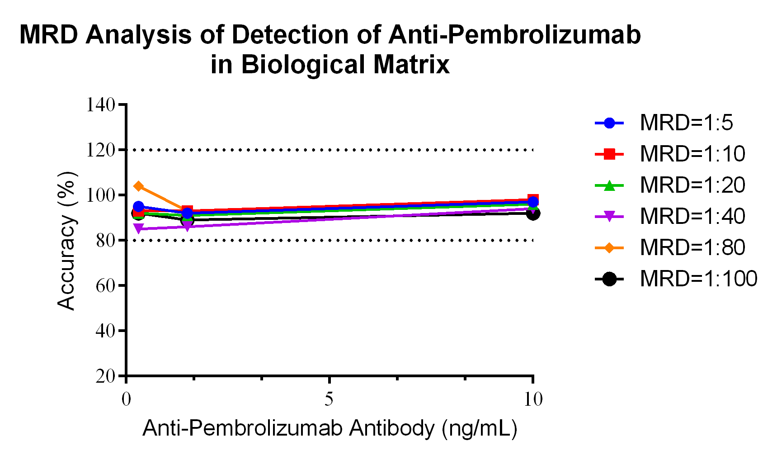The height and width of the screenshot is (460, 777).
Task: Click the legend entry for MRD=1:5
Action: click(686, 123)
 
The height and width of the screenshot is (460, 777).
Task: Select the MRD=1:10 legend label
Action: click(692, 154)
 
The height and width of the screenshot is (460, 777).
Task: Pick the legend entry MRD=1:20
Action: click(692, 185)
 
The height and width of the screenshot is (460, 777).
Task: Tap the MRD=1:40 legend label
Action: click(692, 217)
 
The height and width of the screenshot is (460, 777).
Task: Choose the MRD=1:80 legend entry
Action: click(692, 248)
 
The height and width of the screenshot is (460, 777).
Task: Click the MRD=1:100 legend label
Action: click(698, 279)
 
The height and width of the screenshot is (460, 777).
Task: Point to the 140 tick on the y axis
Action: click(101, 105)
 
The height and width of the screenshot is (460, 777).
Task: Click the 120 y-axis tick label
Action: click(101, 150)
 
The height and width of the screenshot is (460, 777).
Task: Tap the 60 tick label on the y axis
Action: click(105, 286)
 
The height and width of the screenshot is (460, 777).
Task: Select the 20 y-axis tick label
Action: click(105, 376)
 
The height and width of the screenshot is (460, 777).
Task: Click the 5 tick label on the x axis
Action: click(329, 399)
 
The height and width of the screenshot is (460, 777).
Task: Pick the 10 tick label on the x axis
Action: click(533, 399)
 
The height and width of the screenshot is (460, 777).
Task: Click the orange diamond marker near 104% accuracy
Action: click(139, 186)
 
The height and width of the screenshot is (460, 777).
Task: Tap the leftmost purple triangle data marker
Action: click(139, 229)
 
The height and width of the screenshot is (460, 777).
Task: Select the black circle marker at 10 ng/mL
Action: click(533, 213)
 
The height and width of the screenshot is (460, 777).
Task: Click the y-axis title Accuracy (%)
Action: click(66, 241)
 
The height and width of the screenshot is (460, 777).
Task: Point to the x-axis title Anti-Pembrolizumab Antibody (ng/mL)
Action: click(330, 428)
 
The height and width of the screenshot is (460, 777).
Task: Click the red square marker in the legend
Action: click(609, 154)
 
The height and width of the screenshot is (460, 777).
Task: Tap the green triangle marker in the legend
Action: click(609, 185)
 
